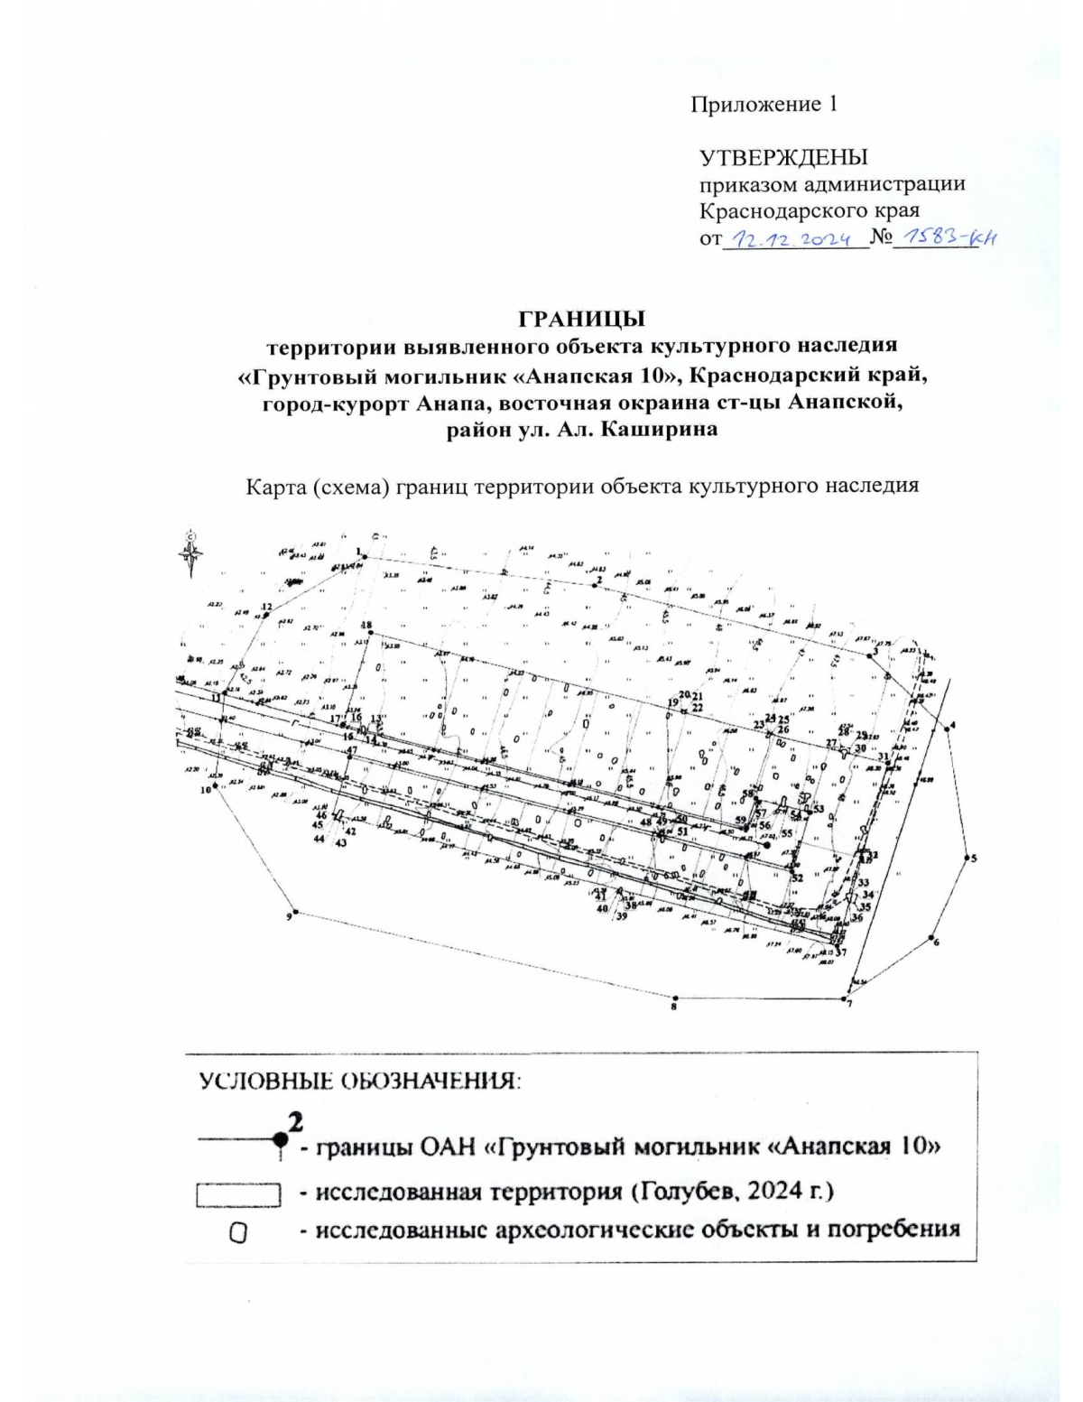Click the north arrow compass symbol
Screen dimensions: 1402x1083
190,552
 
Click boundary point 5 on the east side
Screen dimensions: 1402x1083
966,859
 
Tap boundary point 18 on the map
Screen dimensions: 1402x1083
370,634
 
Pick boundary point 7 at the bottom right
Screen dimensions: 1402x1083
844,999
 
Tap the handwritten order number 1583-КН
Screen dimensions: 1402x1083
939,238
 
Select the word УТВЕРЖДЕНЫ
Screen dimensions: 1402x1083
783,158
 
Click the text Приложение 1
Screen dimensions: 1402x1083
764,105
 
